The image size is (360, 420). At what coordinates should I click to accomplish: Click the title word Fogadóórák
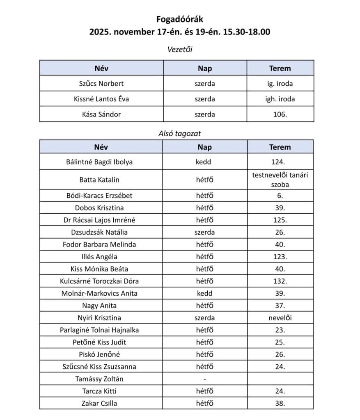coord(180,19)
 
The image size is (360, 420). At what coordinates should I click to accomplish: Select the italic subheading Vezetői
coord(180,50)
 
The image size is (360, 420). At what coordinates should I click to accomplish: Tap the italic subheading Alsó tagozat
coord(180,133)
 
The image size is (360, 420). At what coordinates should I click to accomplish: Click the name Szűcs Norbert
coord(101,84)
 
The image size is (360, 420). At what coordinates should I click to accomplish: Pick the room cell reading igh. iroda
coord(280,99)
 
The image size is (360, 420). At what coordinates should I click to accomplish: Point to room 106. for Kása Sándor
coord(280,114)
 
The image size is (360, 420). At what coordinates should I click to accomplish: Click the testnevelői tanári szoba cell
coord(280,180)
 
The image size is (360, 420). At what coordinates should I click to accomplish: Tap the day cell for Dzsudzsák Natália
coord(204,232)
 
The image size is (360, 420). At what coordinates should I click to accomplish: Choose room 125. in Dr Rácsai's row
coord(280,220)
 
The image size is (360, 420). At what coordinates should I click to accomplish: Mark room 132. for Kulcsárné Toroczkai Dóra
coord(280,281)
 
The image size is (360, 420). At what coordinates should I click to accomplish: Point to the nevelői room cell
coord(280,317)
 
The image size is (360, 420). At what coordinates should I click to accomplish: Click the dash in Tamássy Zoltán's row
coord(204,379)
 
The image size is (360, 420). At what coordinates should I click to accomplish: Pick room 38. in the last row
coord(280,403)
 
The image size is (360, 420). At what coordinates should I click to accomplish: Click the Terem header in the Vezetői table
coord(280,68)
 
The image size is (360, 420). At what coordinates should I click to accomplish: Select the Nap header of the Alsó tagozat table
coord(204,147)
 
